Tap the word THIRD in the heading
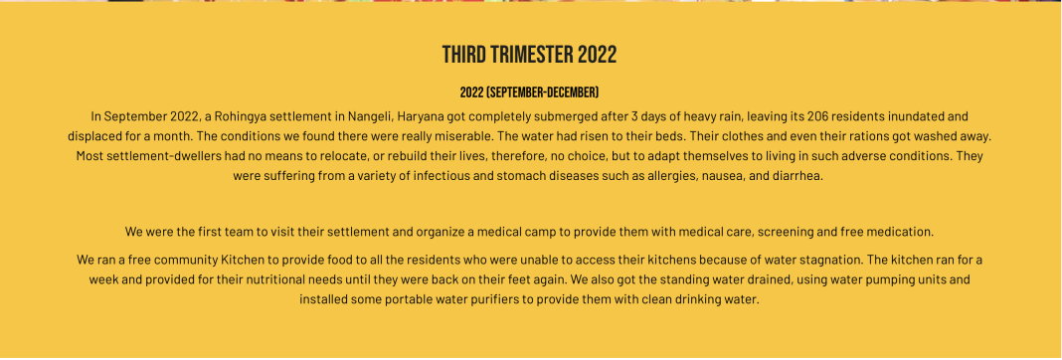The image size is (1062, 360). coord(464,55)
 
